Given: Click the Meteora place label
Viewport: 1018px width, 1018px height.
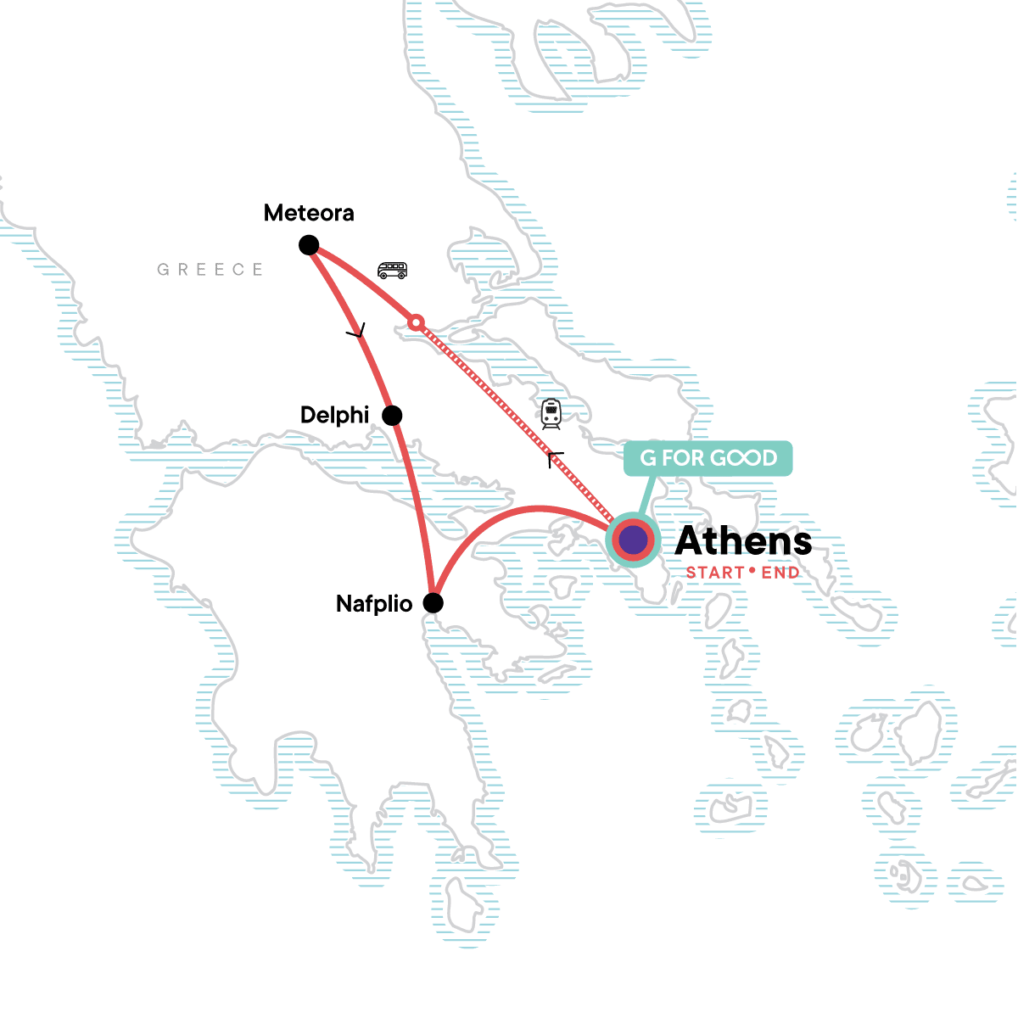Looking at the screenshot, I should [x=309, y=213].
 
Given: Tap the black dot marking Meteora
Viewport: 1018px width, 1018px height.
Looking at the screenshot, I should [x=309, y=246].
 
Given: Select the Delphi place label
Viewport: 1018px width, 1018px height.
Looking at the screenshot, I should [x=335, y=415].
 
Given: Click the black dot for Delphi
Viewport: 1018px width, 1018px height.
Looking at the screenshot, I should [x=392, y=416].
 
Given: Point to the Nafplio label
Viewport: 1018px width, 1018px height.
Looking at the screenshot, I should [x=374, y=604].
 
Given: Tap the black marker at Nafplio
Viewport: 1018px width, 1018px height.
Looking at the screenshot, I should [x=433, y=603].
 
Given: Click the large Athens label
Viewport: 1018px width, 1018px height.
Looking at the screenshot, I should [x=743, y=541].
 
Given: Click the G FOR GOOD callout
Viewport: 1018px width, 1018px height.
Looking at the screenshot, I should [x=708, y=458].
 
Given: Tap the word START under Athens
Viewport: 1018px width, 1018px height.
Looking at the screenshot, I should [x=715, y=573].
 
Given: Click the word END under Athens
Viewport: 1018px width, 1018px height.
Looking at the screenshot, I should [x=780, y=573].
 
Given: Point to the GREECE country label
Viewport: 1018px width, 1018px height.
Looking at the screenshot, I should [x=210, y=270].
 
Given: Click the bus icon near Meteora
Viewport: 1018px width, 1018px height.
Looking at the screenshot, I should [x=392, y=271].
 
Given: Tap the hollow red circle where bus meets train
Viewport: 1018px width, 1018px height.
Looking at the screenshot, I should [x=416, y=322].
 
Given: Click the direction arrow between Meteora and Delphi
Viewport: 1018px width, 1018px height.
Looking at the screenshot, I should [x=357, y=332].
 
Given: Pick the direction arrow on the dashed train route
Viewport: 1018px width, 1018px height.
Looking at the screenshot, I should [x=555, y=460].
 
